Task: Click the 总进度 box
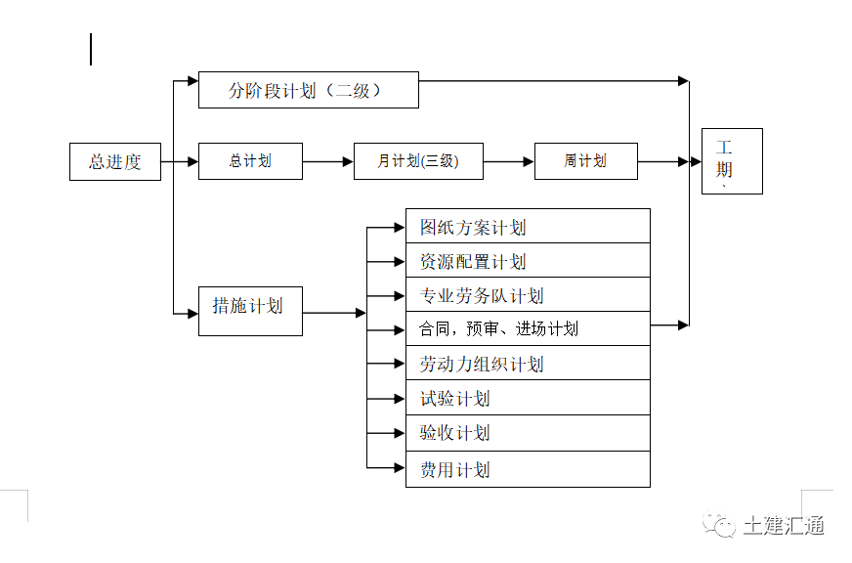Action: (x=114, y=161)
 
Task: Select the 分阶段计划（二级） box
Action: (x=308, y=90)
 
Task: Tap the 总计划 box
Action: (x=250, y=161)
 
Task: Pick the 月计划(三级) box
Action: (x=418, y=161)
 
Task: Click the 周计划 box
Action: (x=585, y=161)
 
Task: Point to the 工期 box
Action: (x=731, y=161)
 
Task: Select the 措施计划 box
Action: (x=250, y=311)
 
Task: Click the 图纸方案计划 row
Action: (x=528, y=227)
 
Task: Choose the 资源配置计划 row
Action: (x=528, y=261)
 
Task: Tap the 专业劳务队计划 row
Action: (x=528, y=295)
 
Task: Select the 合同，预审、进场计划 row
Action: (x=528, y=328)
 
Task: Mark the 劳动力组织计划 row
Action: (x=528, y=364)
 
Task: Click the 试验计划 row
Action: (x=528, y=398)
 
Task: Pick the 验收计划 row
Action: (x=528, y=433)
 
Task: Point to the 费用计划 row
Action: (x=528, y=469)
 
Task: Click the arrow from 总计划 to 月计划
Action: (x=328, y=162)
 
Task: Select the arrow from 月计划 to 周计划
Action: (x=509, y=162)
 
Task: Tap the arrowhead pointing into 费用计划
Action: (x=399, y=468)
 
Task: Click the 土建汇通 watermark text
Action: (x=784, y=525)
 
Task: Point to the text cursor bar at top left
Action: (x=91, y=50)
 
